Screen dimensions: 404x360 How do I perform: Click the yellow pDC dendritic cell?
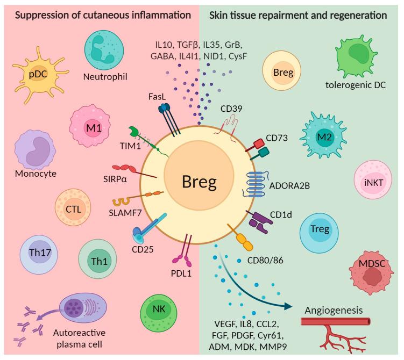point(39,75)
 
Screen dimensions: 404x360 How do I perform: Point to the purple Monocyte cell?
point(35,150)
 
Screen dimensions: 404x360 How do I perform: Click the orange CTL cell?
point(73,207)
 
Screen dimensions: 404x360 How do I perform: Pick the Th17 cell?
point(39,255)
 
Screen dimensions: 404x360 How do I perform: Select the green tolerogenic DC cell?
point(356,56)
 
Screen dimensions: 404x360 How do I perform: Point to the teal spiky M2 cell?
point(324,135)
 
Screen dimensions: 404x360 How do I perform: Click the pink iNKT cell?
point(373,179)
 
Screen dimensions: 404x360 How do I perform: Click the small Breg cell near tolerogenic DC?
point(281,70)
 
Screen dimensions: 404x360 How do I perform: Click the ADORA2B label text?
point(289,185)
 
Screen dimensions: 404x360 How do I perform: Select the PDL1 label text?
point(181,273)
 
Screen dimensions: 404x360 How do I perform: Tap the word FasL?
point(157,97)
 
